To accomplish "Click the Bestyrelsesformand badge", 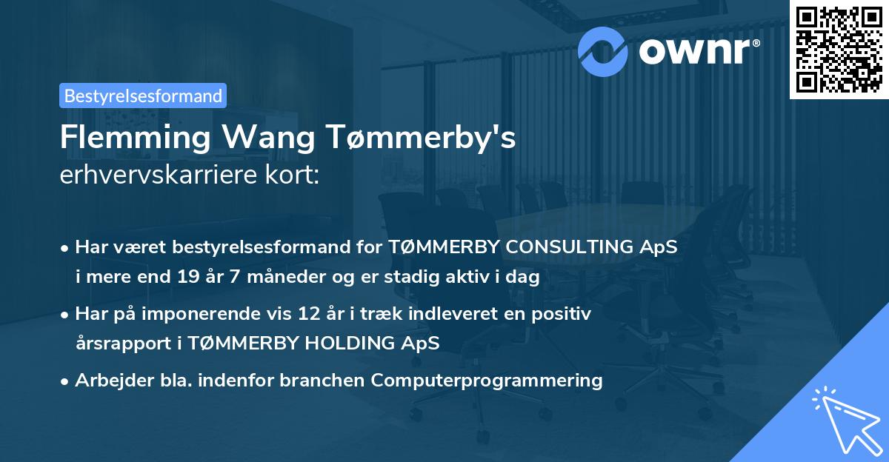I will [143, 96].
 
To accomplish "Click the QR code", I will [839, 49].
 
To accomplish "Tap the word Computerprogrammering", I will [487, 381].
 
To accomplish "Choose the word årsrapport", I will [119, 344].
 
